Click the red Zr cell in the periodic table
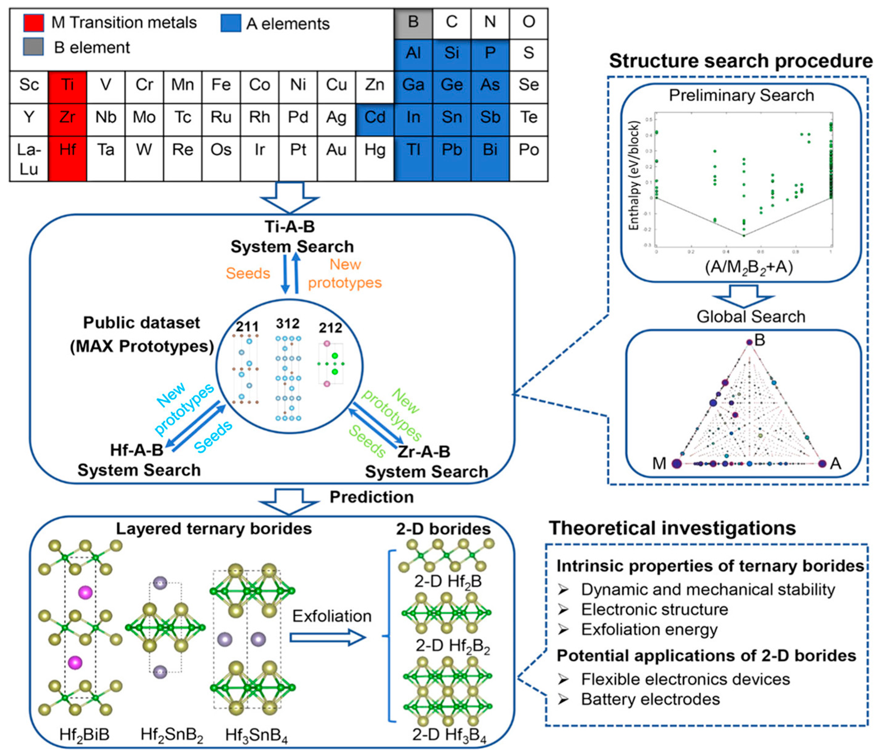(68, 117)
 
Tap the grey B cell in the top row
(413, 22)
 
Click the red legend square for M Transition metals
(33, 23)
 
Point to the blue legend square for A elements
(231, 23)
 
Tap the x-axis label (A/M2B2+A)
(748, 267)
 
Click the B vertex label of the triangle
(760, 340)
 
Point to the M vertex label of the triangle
(659, 464)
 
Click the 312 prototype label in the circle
(288, 323)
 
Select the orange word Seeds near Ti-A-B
(248, 273)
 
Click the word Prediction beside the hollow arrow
(371, 497)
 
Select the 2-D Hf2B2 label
(452, 646)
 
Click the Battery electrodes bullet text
(650, 699)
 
